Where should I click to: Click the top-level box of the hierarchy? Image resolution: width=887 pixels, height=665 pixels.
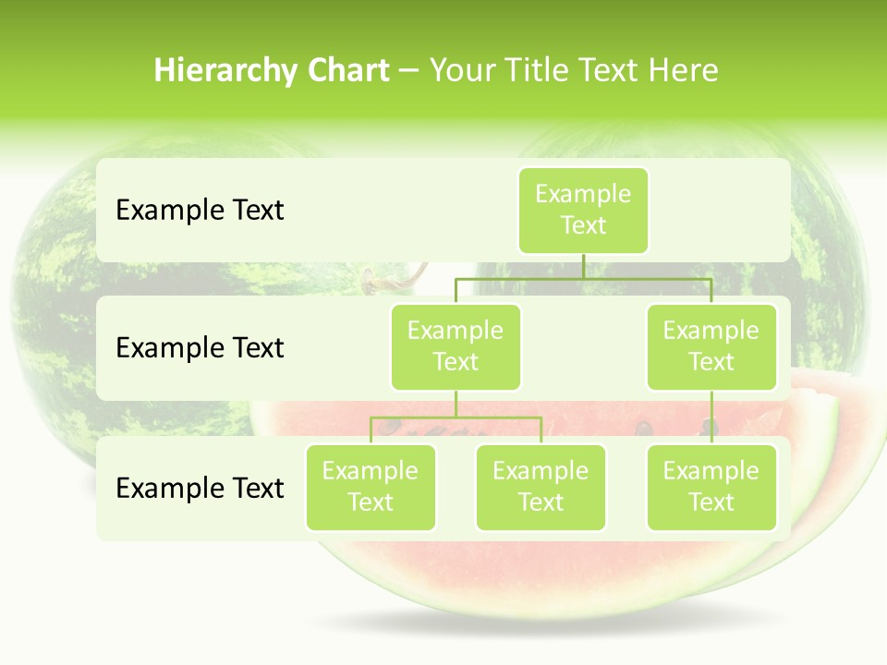pyautogui.click(x=583, y=211)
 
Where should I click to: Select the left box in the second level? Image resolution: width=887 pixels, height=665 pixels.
pyautogui.click(x=456, y=347)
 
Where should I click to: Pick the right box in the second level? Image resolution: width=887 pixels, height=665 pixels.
pyautogui.click(x=711, y=347)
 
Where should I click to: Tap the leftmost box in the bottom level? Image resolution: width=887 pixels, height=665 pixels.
pyautogui.click(x=371, y=488)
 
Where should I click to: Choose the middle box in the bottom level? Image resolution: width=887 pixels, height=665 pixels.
pyautogui.click(x=541, y=488)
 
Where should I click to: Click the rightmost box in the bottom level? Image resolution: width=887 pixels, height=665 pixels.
pyautogui.click(x=711, y=488)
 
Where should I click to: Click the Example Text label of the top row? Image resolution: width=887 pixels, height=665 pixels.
pyautogui.click(x=200, y=211)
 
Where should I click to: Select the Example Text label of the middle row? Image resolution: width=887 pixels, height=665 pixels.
pyautogui.click(x=200, y=348)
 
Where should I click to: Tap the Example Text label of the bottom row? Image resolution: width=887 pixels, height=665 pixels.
pyautogui.click(x=200, y=488)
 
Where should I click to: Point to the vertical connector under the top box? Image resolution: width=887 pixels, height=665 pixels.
pyautogui.click(x=583, y=266)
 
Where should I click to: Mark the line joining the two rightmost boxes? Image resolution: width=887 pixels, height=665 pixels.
pyautogui.click(x=711, y=417)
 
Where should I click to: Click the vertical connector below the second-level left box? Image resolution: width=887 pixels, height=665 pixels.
pyautogui.click(x=456, y=404)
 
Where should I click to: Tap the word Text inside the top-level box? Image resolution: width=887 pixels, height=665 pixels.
pyautogui.click(x=583, y=226)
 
